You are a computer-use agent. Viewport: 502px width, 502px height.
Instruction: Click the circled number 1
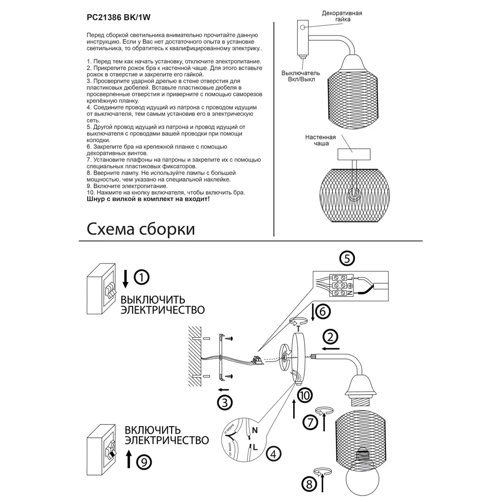(x=142, y=277)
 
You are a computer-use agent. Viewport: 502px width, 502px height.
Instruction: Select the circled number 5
(x=346, y=259)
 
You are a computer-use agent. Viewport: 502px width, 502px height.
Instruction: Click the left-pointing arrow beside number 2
(x=331, y=348)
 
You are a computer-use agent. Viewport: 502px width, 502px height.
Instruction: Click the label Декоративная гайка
(x=342, y=16)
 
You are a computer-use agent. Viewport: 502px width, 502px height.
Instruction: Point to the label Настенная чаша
(x=320, y=140)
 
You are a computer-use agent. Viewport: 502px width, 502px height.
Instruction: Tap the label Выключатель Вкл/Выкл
(x=301, y=76)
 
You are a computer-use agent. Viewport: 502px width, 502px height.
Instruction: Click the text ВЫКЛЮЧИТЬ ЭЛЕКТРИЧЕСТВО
(x=162, y=305)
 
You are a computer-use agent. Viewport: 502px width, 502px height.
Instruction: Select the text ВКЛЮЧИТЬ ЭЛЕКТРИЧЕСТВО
(x=167, y=435)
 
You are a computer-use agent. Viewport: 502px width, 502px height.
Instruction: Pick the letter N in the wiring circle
(x=255, y=430)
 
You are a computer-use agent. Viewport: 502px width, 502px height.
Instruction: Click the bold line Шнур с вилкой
(x=148, y=199)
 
